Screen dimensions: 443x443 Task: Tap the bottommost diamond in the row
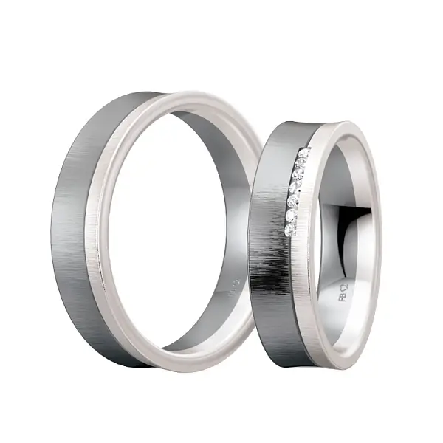288,232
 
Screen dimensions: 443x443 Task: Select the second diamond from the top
301,163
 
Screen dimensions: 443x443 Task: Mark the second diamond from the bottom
290,216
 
